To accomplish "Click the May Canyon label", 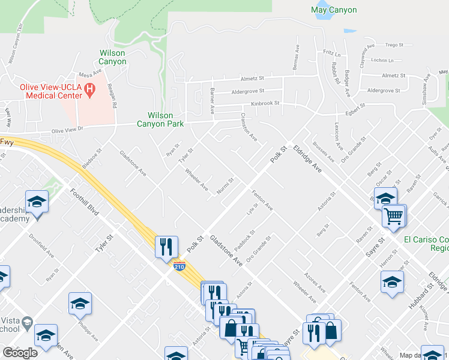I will click(334, 10).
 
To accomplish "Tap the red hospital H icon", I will click(91, 91).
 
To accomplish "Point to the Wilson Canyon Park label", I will click(161, 119).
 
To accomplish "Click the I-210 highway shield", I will click(179, 265).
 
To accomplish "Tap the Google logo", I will click(20, 353).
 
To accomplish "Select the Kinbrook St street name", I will click(265, 103).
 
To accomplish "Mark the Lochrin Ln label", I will click(382, 60).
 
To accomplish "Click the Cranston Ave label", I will click(249, 127).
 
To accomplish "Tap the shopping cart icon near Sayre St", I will click(394, 215).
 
